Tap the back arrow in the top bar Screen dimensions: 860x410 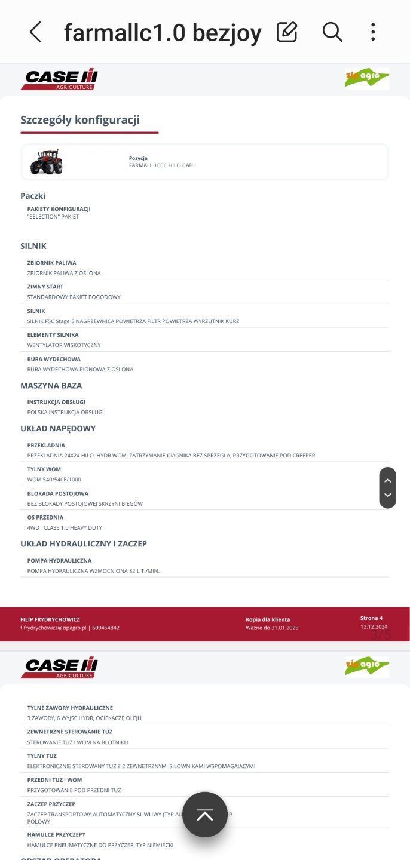(35, 32)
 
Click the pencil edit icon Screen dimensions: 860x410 (287, 32)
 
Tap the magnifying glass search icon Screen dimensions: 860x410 (332, 32)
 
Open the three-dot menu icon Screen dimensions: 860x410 (373, 32)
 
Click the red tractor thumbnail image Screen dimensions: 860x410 (46, 162)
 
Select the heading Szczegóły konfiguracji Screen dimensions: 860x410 (80, 120)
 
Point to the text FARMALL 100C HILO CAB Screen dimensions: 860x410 (161, 165)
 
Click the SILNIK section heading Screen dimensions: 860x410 (33, 246)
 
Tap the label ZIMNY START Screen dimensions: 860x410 (45, 287)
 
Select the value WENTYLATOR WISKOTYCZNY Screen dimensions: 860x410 (64, 345)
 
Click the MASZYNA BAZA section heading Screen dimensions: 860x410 (51, 386)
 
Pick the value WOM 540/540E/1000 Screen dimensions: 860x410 (54, 480)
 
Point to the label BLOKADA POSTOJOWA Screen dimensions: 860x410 (58, 493)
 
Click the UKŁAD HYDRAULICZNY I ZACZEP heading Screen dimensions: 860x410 (84, 544)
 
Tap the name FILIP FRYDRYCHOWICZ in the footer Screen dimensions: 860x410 (50, 619)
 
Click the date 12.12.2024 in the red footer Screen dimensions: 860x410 (374, 627)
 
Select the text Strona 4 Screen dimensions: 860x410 (371, 618)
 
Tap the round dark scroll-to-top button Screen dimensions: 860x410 (205, 815)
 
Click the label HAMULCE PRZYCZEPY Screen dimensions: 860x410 (56, 834)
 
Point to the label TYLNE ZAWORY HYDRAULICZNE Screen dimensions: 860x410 (70, 708)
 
